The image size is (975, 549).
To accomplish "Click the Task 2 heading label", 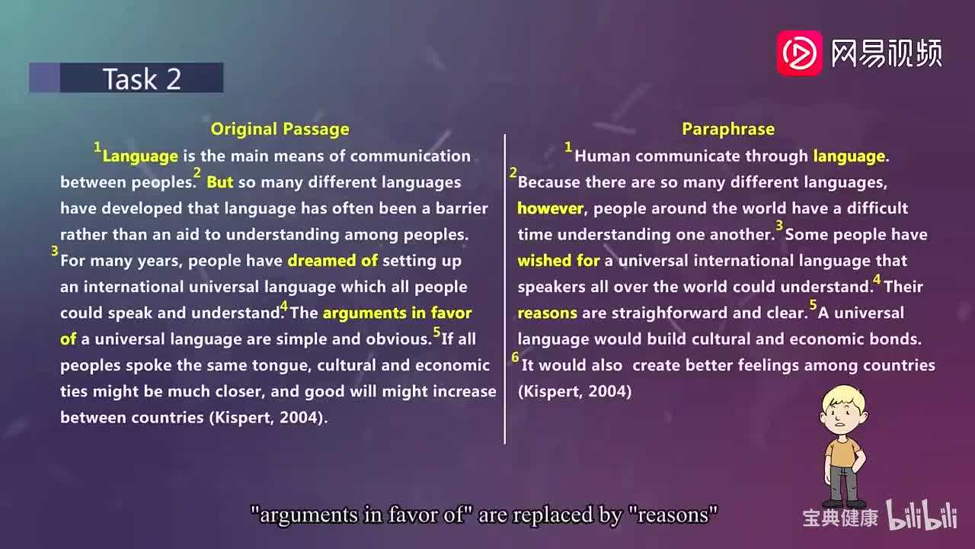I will [x=142, y=79].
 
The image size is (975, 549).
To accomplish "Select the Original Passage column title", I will [x=280, y=129].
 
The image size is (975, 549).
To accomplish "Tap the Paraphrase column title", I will [x=728, y=129].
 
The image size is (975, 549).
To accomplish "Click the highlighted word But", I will [x=220, y=182].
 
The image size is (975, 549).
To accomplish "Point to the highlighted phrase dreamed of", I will [x=333, y=261].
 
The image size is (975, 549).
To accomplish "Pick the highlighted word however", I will [x=550, y=208].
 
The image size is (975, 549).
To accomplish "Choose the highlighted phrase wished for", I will [x=558, y=261].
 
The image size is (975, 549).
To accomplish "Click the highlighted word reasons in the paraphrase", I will [x=548, y=313].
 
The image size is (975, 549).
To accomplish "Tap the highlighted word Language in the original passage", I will [x=140, y=156].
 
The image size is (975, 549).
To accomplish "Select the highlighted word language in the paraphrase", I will [x=849, y=156].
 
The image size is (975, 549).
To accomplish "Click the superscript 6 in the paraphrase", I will [x=516, y=358].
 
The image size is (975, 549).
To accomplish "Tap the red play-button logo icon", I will [x=799, y=53].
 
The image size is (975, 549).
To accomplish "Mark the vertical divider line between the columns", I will [x=505, y=290].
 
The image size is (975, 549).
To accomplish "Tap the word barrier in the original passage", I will [x=460, y=208].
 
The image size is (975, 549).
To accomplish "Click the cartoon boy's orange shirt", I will [x=842, y=450].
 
